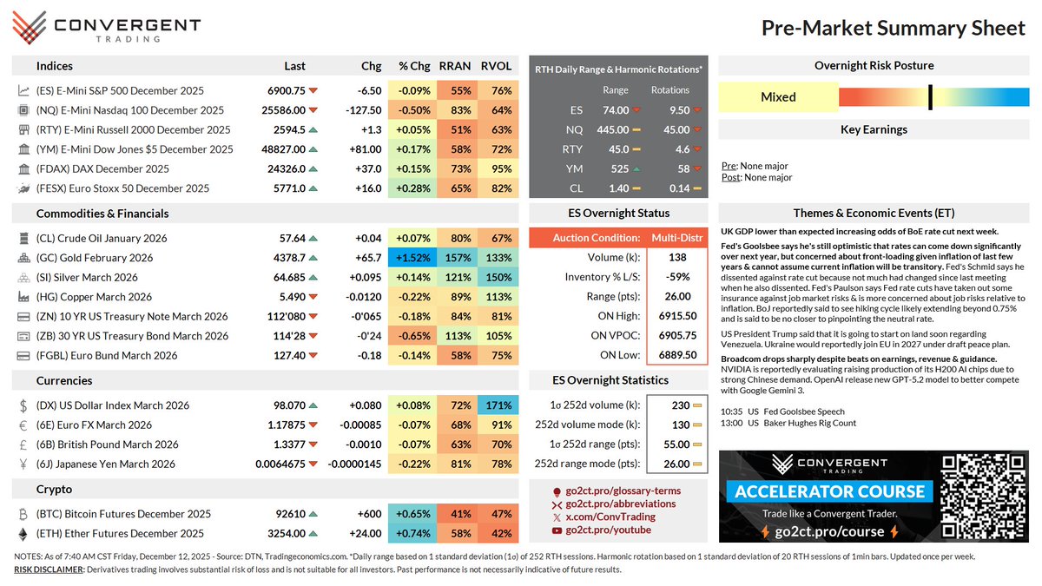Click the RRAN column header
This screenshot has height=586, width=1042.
coord(454,66)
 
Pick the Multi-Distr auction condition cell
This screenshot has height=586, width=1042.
coord(671,238)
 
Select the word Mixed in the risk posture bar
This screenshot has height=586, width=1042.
coord(778,96)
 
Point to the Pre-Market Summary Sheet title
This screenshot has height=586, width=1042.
coord(893,29)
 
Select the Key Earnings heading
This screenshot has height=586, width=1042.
coord(874,129)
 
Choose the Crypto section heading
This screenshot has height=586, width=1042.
coord(55,490)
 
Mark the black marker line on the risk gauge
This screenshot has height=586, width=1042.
coord(929,96)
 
